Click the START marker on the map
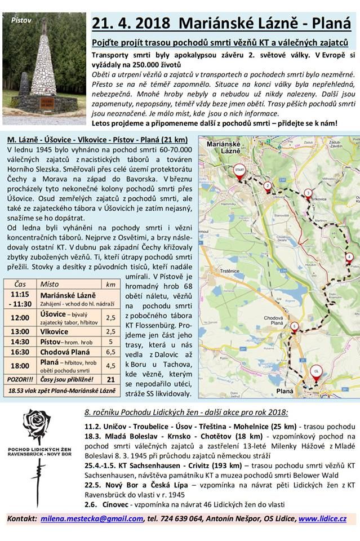point(239,170)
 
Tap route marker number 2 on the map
point(268,187)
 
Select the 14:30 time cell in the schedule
point(20,342)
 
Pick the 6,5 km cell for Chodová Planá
point(111,351)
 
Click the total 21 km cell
point(111,380)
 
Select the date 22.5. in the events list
point(94,483)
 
